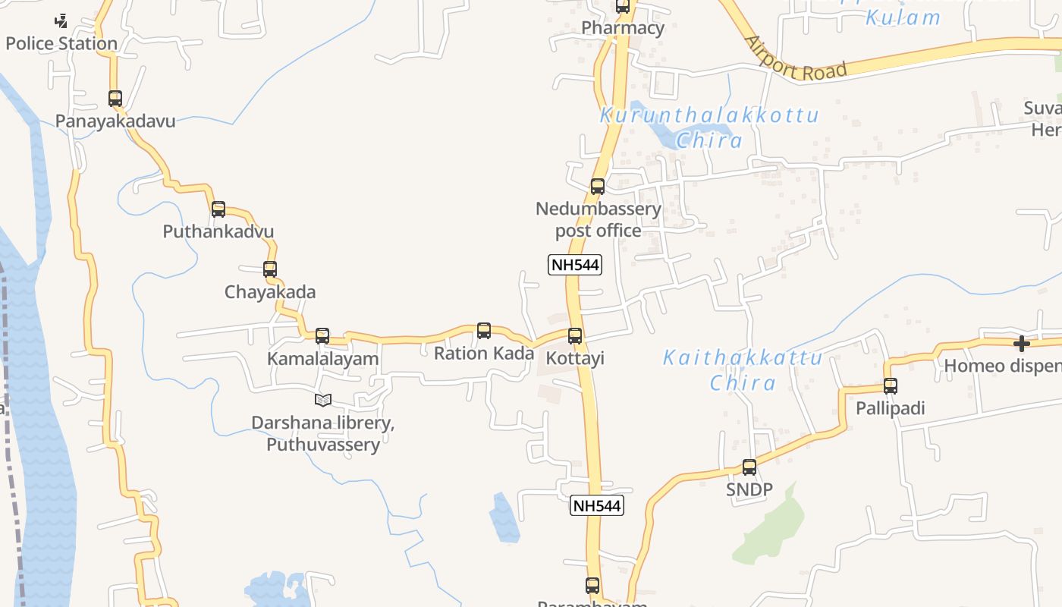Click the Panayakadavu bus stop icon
pyautogui.click(x=115, y=99)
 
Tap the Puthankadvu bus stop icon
pyautogui.click(x=218, y=209)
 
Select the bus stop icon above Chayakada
pyautogui.click(x=270, y=269)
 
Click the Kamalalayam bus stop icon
pyautogui.click(x=322, y=336)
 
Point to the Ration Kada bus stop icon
pyautogui.click(x=484, y=331)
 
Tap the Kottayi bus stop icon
pyautogui.click(x=575, y=336)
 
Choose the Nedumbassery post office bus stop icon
pyautogui.click(x=598, y=187)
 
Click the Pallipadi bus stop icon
pyautogui.click(x=891, y=386)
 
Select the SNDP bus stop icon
pyautogui.click(x=749, y=467)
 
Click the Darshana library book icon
pyautogui.click(x=323, y=400)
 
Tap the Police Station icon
pyautogui.click(x=61, y=21)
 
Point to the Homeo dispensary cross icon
pyautogui.click(x=1022, y=344)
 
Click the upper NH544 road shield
pyautogui.click(x=574, y=265)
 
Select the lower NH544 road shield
pyautogui.click(x=596, y=506)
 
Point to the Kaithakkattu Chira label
pyautogui.click(x=743, y=370)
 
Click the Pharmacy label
pyautogui.click(x=623, y=29)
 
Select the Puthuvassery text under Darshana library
pyautogui.click(x=323, y=445)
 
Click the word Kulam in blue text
pyautogui.click(x=903, y=17)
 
